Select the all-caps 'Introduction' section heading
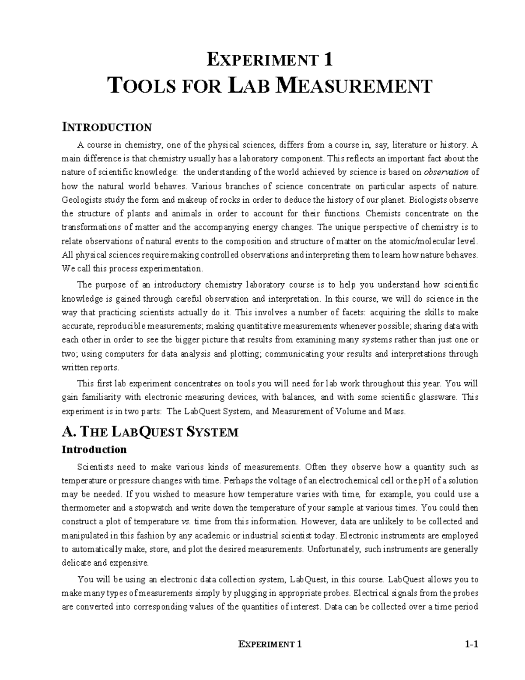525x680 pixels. click(x=107, y=127)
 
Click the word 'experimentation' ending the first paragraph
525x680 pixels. click(x=170, y=268)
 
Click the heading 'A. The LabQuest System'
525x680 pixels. click(x=150, y=432)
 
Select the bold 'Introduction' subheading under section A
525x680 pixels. click(x=94, y=450)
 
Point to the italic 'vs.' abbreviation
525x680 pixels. click(x=185, y=522)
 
